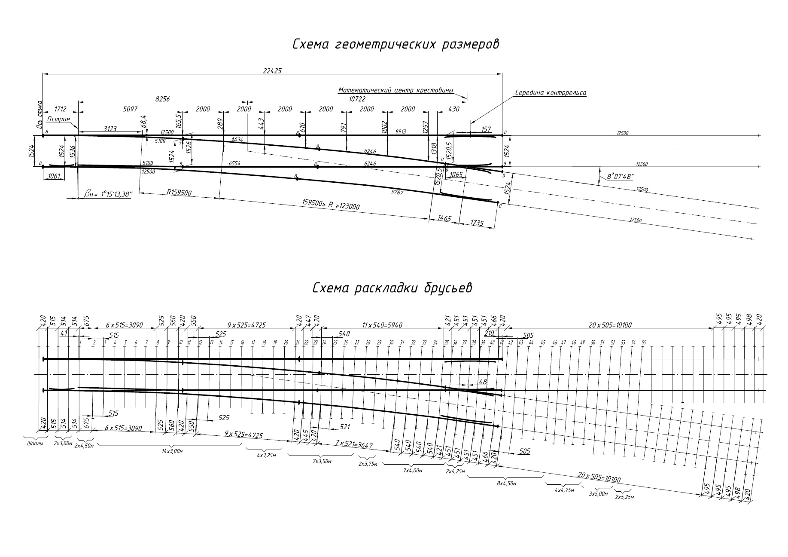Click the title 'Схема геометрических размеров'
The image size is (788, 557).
395,45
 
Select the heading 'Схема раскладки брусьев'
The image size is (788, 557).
392,288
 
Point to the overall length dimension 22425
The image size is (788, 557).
272,71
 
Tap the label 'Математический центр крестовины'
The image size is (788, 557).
396,90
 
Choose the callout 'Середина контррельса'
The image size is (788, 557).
551,92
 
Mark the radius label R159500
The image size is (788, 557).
179,193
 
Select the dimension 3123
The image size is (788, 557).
111,129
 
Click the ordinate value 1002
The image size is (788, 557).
384,127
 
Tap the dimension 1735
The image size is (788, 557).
477,223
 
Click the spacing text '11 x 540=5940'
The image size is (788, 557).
382,325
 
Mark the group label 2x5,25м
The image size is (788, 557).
624,497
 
